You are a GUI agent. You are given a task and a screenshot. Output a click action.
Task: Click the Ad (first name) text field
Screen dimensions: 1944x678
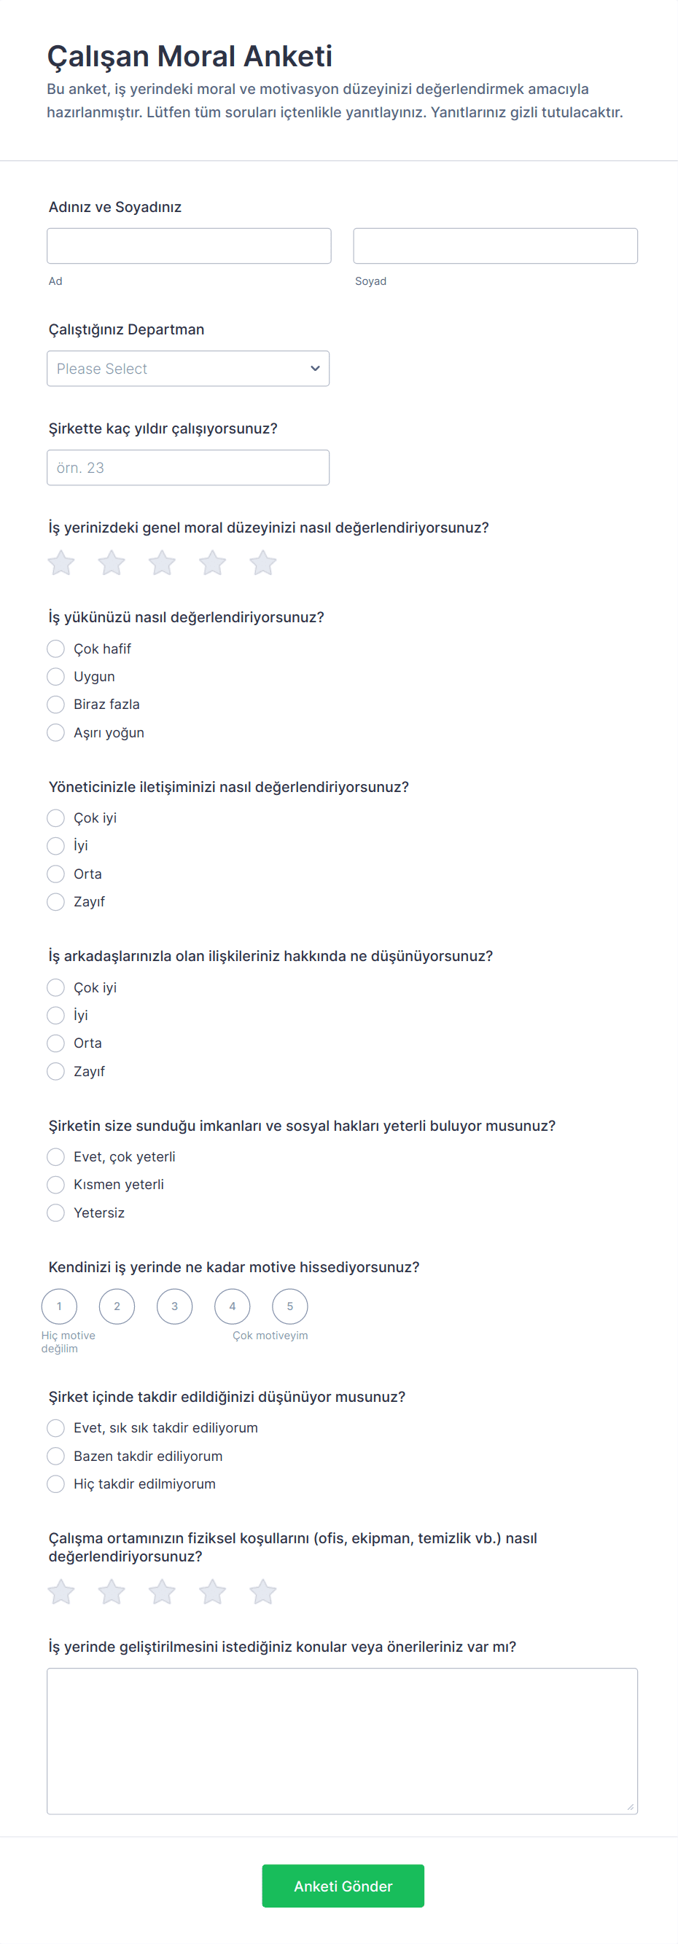click(189, 246)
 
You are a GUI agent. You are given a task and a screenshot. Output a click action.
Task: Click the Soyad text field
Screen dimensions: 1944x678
click(495, 246)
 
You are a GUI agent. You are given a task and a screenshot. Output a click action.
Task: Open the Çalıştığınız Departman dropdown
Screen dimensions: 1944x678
click(188, 368)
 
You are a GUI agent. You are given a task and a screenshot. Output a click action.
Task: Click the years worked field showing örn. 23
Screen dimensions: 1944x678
click(188, 468)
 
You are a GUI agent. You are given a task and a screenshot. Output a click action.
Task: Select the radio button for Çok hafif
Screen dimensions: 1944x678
click(56, 649)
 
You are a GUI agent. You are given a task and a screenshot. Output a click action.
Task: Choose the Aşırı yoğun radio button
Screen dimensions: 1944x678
click(56, 733)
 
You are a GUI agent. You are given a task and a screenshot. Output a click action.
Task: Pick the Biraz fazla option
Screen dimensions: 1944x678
click(56, 705)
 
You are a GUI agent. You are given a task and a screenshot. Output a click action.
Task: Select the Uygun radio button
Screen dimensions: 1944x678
click(56, 677)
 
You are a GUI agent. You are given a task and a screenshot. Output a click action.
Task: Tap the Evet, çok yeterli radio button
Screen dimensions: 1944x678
click(56, 1157)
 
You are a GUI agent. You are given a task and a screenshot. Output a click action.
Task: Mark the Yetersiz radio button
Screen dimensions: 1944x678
click(56, 1212)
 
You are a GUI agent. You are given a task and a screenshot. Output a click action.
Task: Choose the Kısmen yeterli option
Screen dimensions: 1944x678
click(56, 1185)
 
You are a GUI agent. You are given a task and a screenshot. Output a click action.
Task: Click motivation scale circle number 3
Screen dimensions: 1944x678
click(174, 1306)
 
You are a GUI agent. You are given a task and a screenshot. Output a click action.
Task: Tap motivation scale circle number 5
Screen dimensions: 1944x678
click(290, 1306)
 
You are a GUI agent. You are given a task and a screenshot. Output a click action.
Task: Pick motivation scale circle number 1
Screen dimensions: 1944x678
click(59, 1306)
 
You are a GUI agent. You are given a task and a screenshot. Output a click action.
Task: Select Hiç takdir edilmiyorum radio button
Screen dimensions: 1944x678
click(56, 1484)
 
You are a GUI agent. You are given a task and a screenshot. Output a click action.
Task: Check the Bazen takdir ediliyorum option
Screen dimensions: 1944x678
click(56, 1457)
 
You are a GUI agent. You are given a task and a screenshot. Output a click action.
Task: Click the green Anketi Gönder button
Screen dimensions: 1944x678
click(343, 1886)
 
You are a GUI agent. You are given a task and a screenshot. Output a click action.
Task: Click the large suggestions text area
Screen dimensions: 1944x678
click(342, 1741)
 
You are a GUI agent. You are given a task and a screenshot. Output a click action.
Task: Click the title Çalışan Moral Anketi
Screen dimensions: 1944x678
click(190, 57)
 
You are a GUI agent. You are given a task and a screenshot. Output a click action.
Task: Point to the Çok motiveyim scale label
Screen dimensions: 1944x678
click(270, 1336)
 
